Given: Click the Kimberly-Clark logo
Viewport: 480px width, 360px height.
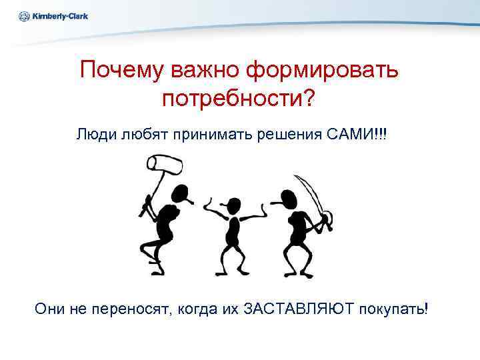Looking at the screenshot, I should [x=54, y=17].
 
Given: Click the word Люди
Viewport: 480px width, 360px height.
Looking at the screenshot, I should [x=96, y=134].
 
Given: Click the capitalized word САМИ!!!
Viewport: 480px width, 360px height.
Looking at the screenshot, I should [x=358, y=134].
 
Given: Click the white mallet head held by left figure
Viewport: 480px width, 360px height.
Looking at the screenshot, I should [x=164, y=163].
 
